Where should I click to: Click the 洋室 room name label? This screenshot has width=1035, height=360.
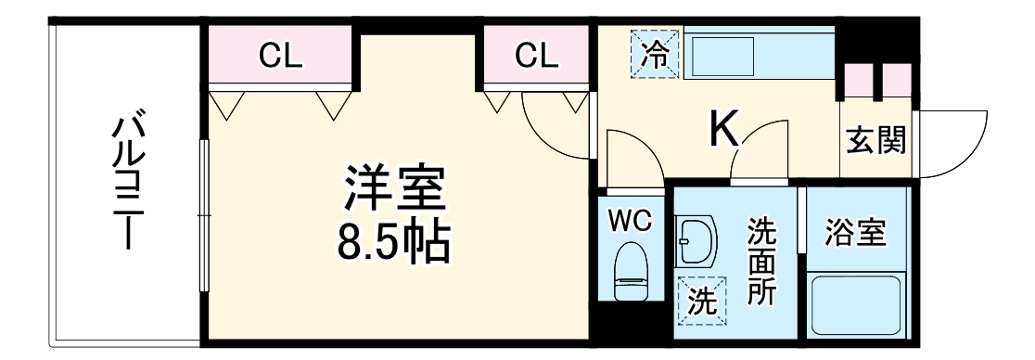tap(396, 191)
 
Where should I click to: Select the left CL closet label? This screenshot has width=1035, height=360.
tap(280, 58)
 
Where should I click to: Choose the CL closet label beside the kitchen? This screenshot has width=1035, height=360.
tap(537, 58)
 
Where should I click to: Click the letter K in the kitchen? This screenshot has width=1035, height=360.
tap(724, 131)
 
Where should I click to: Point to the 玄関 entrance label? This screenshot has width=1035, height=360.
tap(875, 144)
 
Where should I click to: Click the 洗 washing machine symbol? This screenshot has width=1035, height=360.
tap(702, 302)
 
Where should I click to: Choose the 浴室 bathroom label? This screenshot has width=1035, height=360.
tap(854, 232)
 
